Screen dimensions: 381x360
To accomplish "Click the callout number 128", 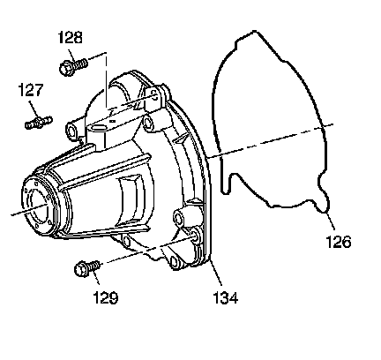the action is [x=71, y=37].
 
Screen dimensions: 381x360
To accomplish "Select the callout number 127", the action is [x=31, y=90].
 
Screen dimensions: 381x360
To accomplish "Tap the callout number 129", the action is [x=106, y=297].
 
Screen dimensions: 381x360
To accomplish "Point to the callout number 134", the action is [x=226, y=298].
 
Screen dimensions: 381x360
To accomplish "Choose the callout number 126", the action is [x=339, y=242].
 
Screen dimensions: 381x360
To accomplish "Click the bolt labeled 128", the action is [x=73, y=66].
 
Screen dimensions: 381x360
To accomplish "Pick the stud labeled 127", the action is [x=39, y=122].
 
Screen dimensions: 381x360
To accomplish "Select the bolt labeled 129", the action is [x=87, y=268].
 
